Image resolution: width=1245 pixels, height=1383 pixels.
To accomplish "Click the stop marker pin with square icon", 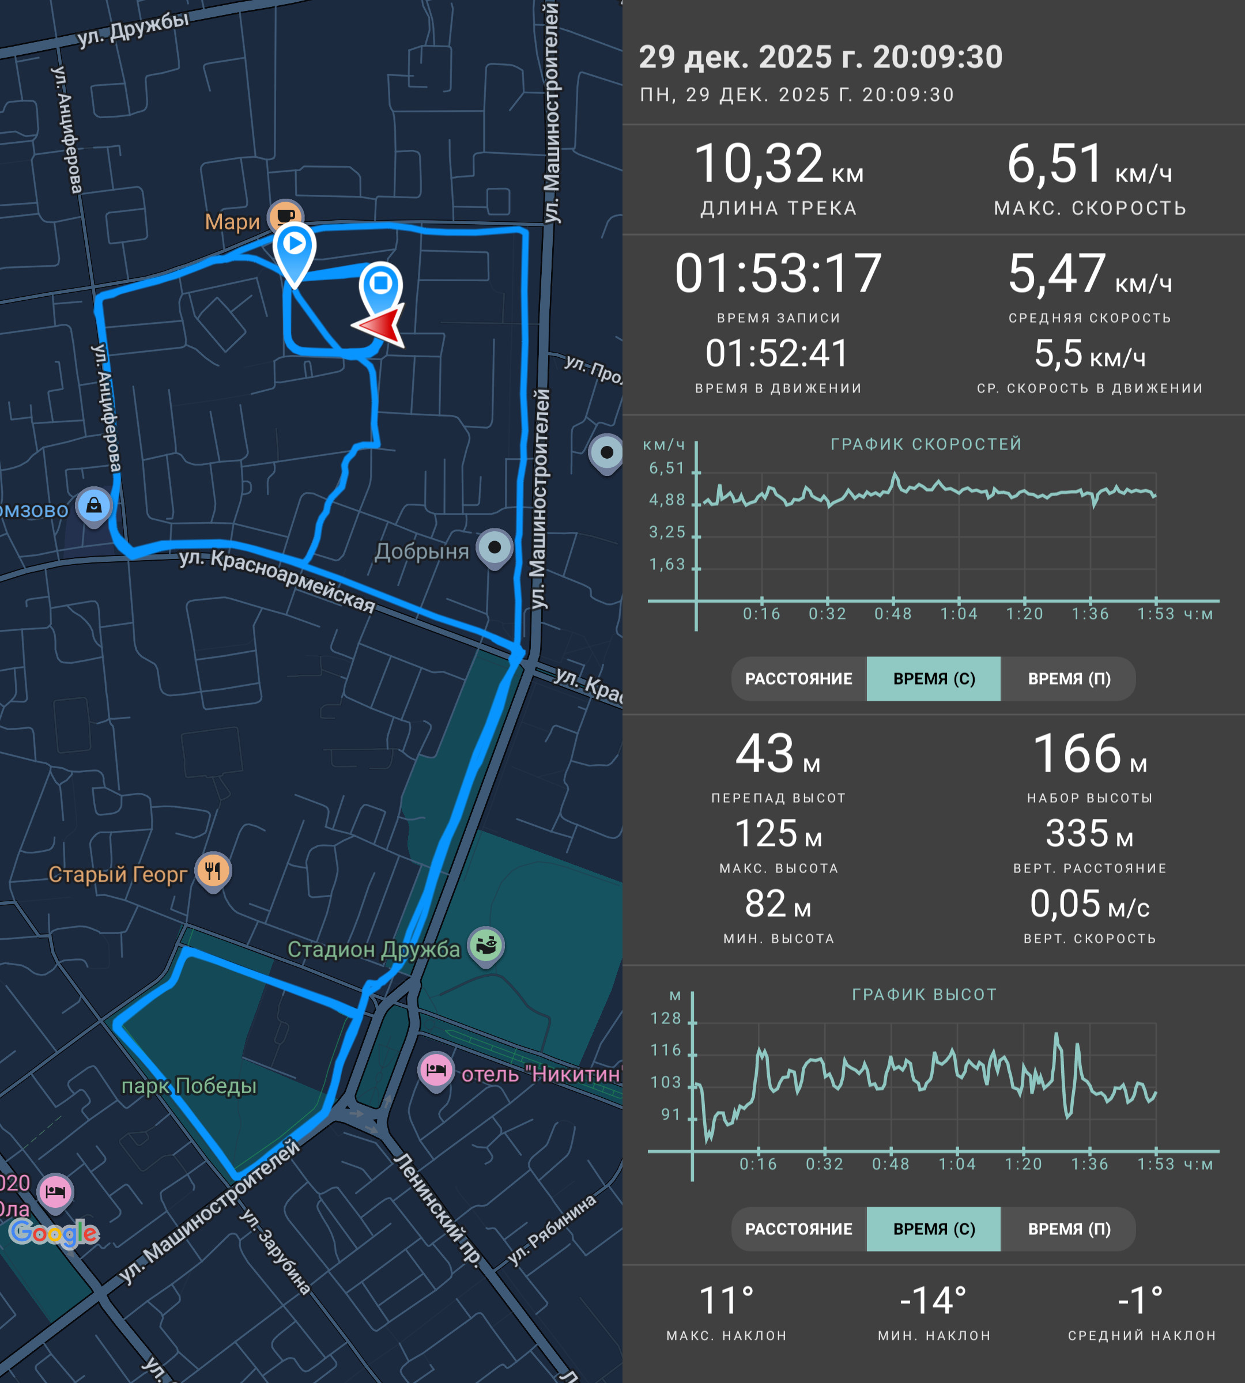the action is tap(381, 286).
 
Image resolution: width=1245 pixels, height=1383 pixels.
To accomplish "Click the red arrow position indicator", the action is tap(380, 326).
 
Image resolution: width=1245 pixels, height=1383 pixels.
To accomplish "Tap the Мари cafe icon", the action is tap(286, 216).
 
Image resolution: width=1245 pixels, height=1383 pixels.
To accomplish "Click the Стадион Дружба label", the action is tap(373, 949).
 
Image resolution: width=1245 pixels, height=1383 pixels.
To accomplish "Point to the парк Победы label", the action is tap(189, 1086).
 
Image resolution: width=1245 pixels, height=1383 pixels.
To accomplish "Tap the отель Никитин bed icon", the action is tap(436, 1071).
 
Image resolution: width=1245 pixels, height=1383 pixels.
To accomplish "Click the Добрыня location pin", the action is tap(495, 549).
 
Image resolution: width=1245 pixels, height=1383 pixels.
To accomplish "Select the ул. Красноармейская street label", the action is tap(277, 580).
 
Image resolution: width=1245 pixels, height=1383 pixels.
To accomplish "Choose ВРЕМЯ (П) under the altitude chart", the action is tap(1069, 1229).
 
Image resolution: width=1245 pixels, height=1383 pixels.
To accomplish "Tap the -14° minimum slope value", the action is tap(934, 1301).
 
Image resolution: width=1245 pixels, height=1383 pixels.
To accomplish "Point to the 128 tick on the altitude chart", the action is tap(666, 1018).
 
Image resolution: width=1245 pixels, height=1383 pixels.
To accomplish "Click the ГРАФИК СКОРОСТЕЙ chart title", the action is tap(926, 444).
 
